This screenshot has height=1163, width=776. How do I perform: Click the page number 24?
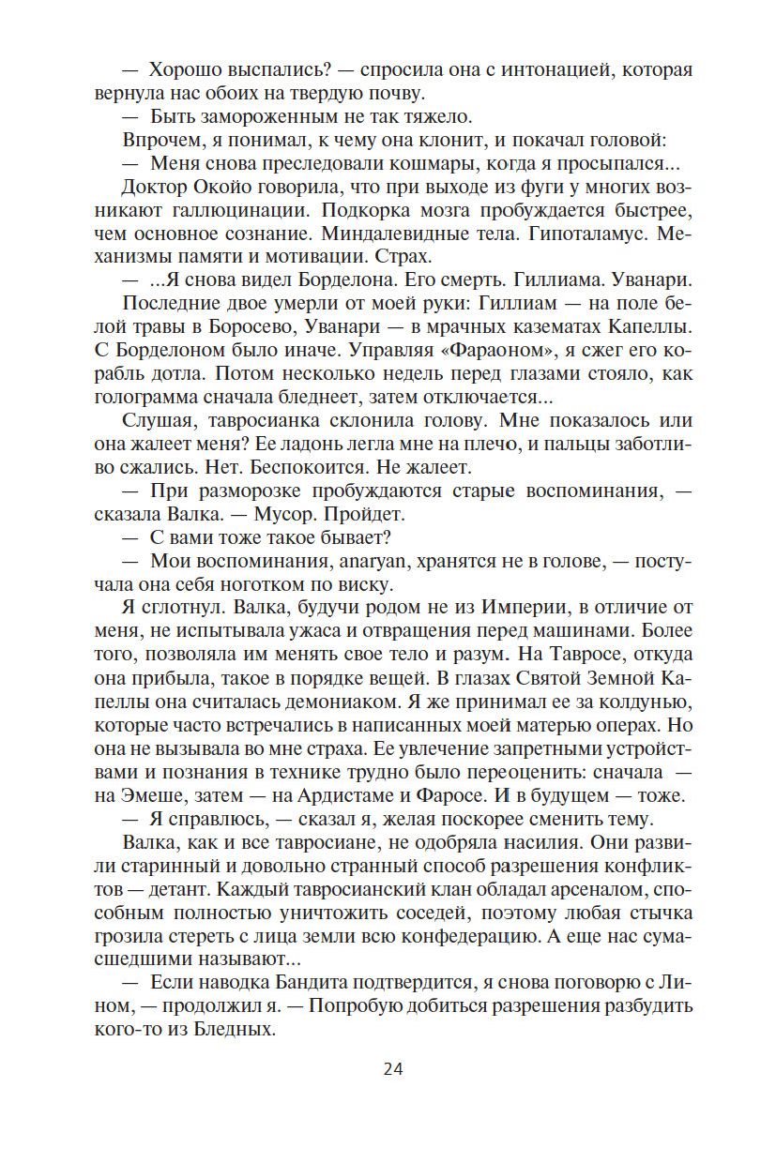[x=392, y=1068]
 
